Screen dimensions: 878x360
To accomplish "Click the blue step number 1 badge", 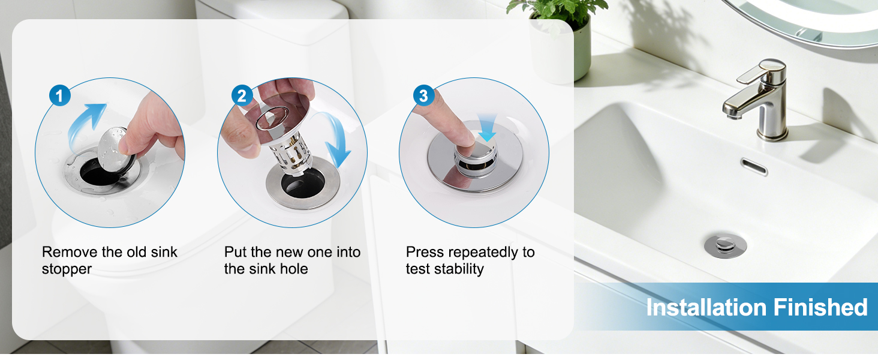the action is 59,95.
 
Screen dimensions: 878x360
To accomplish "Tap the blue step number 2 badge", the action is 242,95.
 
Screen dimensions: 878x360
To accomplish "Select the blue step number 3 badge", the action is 424,95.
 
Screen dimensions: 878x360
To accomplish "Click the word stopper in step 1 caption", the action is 67,269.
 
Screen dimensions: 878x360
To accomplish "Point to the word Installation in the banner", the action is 706,307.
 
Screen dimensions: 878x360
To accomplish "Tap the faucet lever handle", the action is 760,71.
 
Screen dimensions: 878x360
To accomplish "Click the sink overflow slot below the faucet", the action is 754,167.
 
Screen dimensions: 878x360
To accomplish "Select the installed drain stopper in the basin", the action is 725,245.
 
